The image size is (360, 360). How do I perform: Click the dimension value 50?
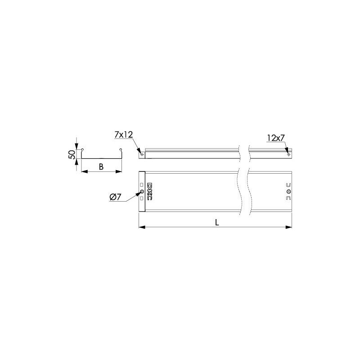(x=72, y=154)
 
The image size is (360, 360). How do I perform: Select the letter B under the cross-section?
(x=101, y=167)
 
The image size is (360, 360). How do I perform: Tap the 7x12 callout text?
(x=124, y=135)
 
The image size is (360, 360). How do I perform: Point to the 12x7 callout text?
(x=276, y=138)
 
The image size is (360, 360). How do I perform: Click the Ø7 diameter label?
(x=115, y=197)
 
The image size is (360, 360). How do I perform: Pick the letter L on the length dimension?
(x=217, y=222)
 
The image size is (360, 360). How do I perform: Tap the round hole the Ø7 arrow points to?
(x=142, y=192)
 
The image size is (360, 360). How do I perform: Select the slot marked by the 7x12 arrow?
(x=142, y=154)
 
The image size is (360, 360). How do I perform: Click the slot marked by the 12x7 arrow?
(x=289, y=154)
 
